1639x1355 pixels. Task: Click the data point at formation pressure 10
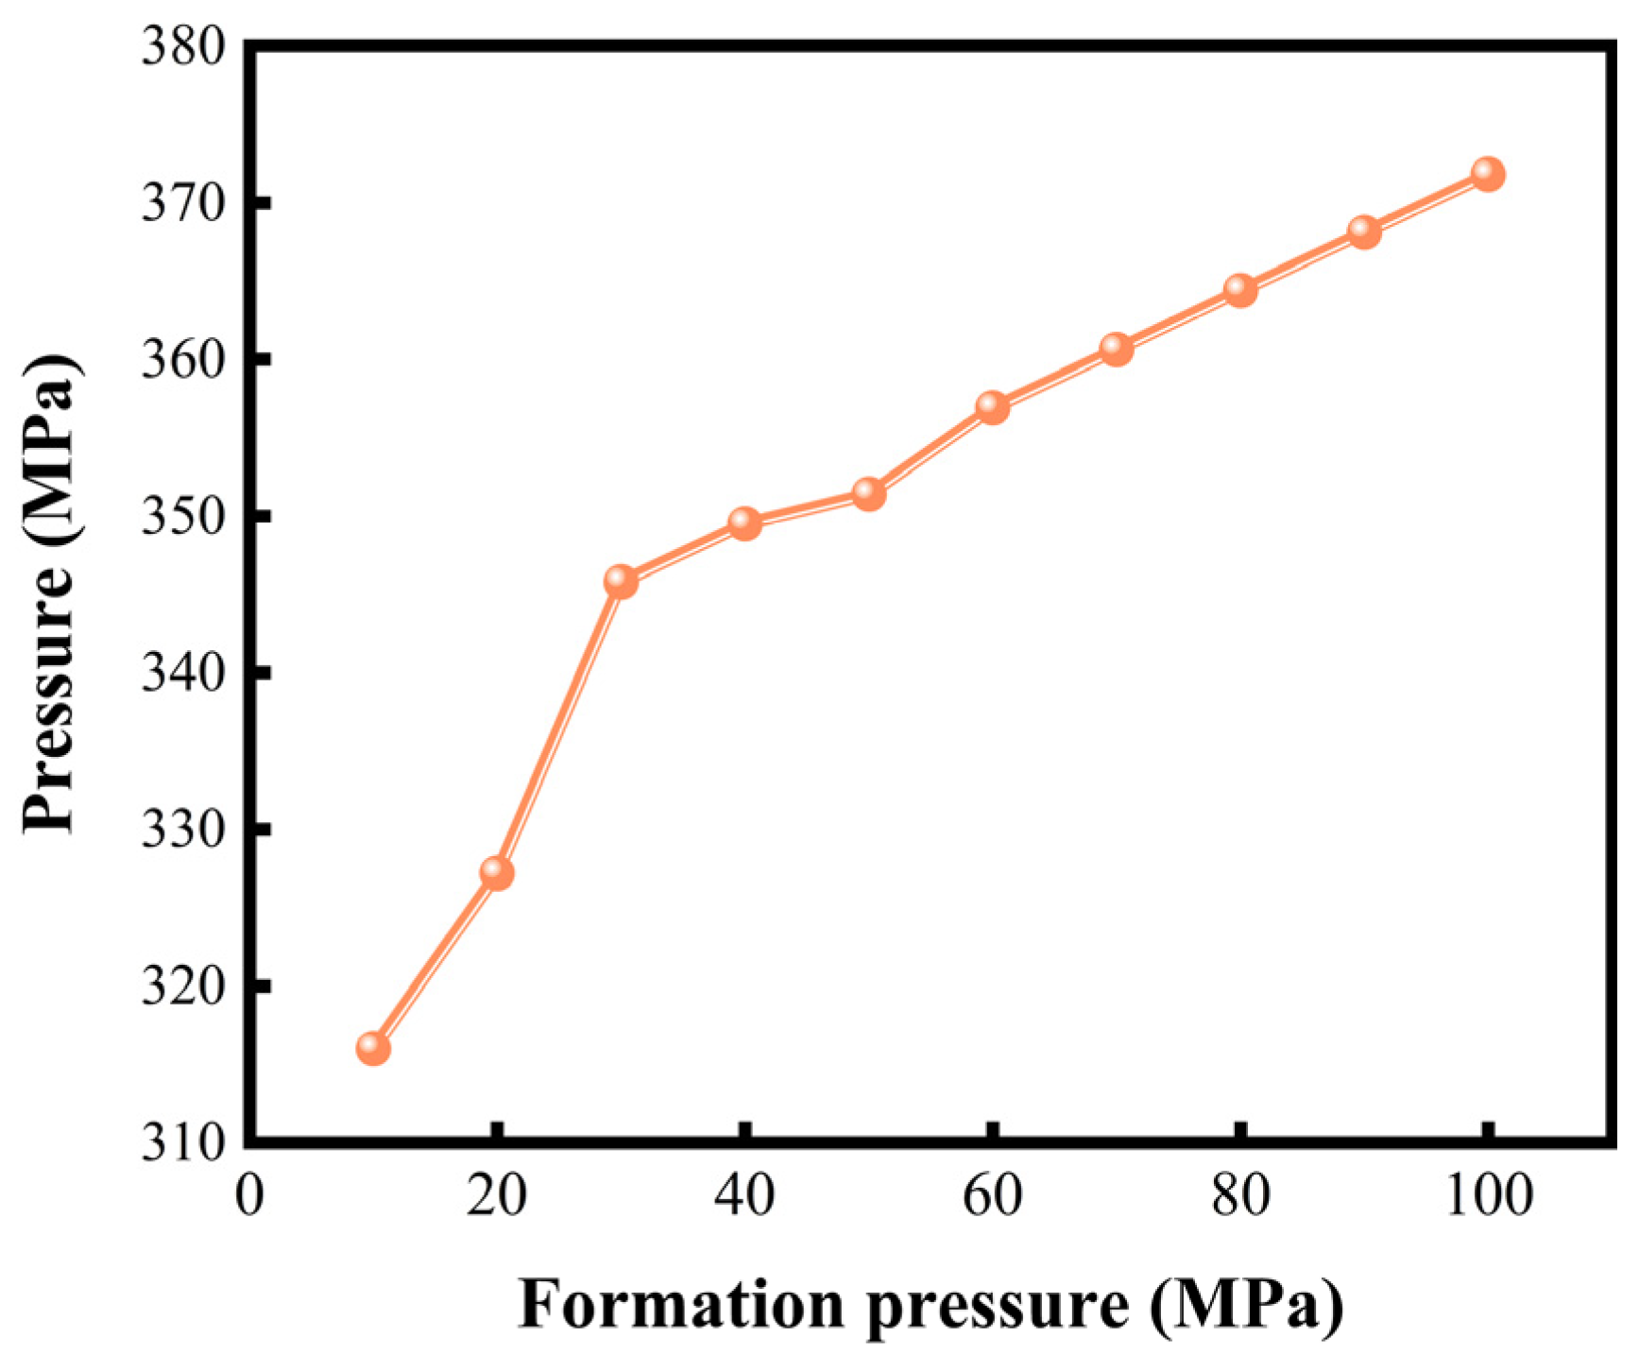373,1048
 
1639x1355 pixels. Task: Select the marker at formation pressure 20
497,873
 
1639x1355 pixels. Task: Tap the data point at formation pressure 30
621,581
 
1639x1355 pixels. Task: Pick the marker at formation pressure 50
869,493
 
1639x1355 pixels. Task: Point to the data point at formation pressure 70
1117,349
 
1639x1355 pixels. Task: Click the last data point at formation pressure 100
1488,174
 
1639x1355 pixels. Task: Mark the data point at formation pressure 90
1364,231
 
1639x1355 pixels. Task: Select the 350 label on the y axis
184,517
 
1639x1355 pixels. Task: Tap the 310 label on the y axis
184,1142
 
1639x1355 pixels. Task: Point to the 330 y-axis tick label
184,830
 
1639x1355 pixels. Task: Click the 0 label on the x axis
249,1196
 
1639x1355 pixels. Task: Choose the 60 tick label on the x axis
992,1196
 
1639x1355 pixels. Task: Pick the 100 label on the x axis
1489,1196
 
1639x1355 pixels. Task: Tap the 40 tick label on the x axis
744,1196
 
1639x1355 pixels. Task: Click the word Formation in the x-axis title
680,1304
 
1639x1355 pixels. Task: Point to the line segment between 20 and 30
558,728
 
